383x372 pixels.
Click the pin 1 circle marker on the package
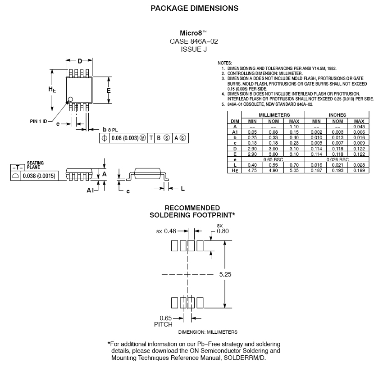tap(70, 99)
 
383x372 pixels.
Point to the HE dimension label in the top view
tap(52, 89)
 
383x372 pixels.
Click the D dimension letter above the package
tap(80, 61)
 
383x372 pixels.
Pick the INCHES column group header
tap(337, 115)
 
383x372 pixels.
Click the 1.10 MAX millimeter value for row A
tap(294, 127)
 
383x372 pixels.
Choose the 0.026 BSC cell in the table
tap(337, 159)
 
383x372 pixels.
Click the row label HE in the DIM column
tap(235, 170)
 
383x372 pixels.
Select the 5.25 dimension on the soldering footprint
tap(227, 274)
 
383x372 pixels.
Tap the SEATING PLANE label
tap(36, 164)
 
